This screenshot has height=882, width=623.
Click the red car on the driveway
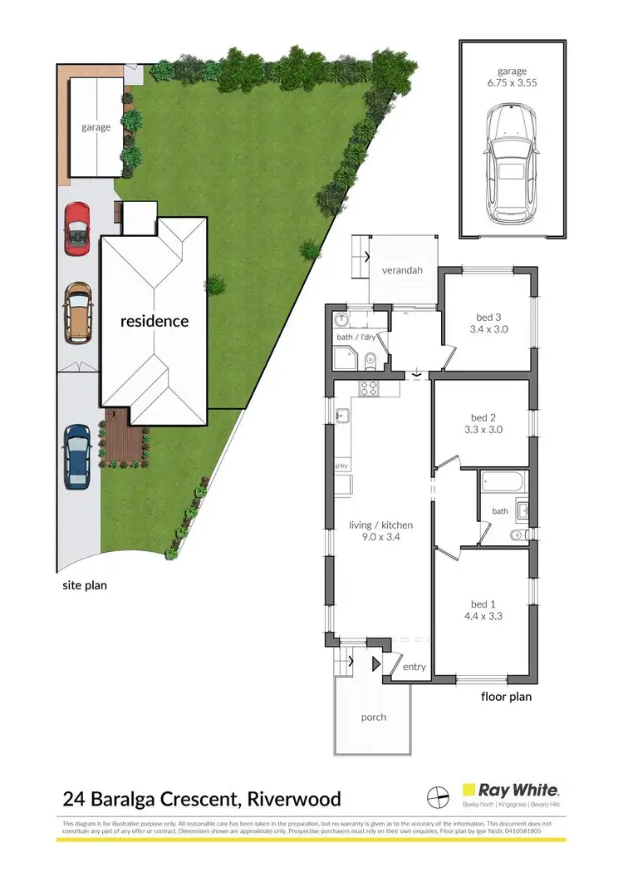tap(76, 229)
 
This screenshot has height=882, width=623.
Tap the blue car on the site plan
tap(76, 456)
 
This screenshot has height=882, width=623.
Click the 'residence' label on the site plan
tap(155, 321)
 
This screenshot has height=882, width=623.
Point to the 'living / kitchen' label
tap(381, 525)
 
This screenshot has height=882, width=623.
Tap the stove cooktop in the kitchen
tap(369, 388)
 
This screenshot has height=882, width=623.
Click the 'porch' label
tap(374, 717)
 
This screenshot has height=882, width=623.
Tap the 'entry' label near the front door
tap(414, 667)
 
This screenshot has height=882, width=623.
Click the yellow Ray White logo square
tap(470, 790)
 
